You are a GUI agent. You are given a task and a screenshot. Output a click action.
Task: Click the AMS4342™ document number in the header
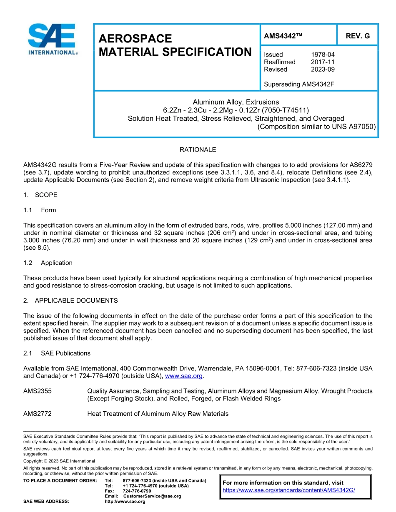[283, 36]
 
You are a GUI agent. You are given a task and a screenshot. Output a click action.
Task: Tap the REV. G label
[357, 36]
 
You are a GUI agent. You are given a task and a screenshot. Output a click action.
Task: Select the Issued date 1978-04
[323, 55]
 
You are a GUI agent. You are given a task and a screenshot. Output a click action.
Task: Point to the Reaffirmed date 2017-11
[323, 62]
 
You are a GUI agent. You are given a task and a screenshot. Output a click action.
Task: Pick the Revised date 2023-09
[323, 70]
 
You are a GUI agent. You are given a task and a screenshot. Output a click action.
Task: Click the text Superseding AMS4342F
[299, 85]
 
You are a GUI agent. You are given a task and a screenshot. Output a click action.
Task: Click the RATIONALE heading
[198, 149]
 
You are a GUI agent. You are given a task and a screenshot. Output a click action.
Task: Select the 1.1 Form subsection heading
[40, 210]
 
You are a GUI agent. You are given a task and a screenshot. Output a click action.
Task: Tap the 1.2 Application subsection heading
[48, 263]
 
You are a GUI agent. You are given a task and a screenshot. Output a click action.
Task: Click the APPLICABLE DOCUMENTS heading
[76, 301]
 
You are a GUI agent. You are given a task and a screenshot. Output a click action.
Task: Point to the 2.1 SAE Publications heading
[57, 353]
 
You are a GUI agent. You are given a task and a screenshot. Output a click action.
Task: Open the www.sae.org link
[184, 376]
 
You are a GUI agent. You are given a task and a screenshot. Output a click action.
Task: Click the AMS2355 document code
[38, 391]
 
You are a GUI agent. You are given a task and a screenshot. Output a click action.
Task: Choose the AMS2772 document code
[38, 414]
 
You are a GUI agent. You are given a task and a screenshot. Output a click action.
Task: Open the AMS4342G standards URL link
[289, 490]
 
